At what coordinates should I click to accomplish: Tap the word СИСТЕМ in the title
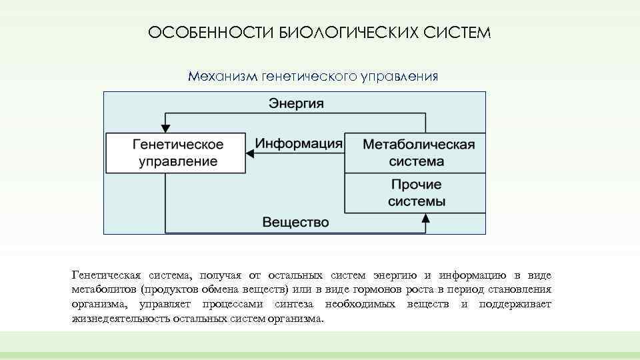[456, 33]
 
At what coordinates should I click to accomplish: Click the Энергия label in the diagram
[296, 103]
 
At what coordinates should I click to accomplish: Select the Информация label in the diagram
[299, 143]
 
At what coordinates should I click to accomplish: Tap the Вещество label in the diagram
[295, 222]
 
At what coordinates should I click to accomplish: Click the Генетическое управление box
[176, 153]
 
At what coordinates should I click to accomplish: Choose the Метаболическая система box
[415, 153]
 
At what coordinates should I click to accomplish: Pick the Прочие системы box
[415, 193]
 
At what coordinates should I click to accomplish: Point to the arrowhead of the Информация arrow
[251, 153]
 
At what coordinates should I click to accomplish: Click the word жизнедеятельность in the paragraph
[120, 319]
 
